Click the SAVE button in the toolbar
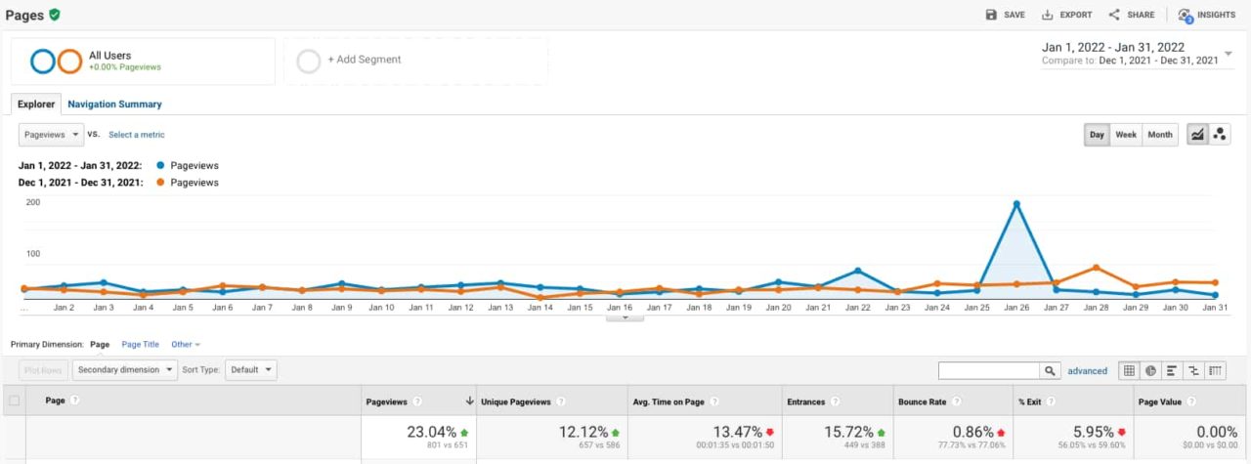coord(1006,15)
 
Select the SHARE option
coord(1132,15)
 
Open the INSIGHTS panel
coord(1207,15)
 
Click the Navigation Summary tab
coord(114,104)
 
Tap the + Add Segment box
coord(364,60)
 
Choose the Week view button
coord(1126,135)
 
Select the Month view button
coord(1160,135)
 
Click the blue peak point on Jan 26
coord(1016,203)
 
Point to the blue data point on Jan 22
coord(857,271)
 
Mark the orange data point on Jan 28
coord(1097,268)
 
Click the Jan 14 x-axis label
coord(540,308)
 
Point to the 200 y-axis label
coord(33,203)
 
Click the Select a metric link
coord(137,135)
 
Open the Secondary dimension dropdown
coord(126,370)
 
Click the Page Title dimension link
coord(140,345)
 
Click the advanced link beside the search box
coord(1087,371)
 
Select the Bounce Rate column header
coord(924,401)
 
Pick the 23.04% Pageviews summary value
coord(431,432)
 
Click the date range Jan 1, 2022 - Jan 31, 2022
coord(1113,47)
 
